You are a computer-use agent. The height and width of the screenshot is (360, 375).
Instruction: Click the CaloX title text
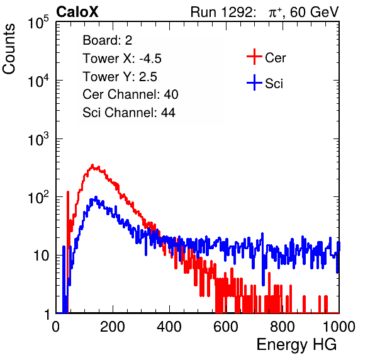[77, 12]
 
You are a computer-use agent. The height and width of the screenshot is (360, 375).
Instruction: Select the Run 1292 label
[221, 12]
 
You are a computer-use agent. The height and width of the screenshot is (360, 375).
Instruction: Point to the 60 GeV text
[315, 12]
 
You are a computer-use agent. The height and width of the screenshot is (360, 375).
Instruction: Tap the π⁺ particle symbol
[275, 12]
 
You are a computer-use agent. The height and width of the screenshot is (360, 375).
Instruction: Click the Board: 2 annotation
[108, 40]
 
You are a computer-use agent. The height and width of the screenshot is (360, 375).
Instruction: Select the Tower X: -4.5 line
[122, 59]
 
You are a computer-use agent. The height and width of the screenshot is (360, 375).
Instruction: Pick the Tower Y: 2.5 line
[120, 77]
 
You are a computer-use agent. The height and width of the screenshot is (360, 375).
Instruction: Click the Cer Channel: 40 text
[130, 94]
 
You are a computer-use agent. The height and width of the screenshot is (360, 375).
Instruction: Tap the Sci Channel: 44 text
[129, 113]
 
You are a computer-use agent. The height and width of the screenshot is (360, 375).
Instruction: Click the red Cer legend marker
[254, 57]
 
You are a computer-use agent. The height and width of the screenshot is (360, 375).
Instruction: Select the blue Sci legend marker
[254, 82]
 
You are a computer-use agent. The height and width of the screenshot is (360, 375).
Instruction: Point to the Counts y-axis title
[9, 48]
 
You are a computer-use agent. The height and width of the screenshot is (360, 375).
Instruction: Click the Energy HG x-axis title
[296, 345]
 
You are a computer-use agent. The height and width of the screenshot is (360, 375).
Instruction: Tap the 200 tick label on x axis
[113, 327]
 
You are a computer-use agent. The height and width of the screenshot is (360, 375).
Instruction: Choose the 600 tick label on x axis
[226, 327]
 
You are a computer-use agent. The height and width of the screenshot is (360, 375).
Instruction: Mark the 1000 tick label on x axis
[339, 327]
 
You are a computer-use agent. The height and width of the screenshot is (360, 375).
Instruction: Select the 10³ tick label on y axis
[38, 139]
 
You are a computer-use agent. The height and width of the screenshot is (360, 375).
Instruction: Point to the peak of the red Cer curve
[92, 165]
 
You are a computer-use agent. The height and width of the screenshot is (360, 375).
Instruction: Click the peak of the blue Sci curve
[96, 197]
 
